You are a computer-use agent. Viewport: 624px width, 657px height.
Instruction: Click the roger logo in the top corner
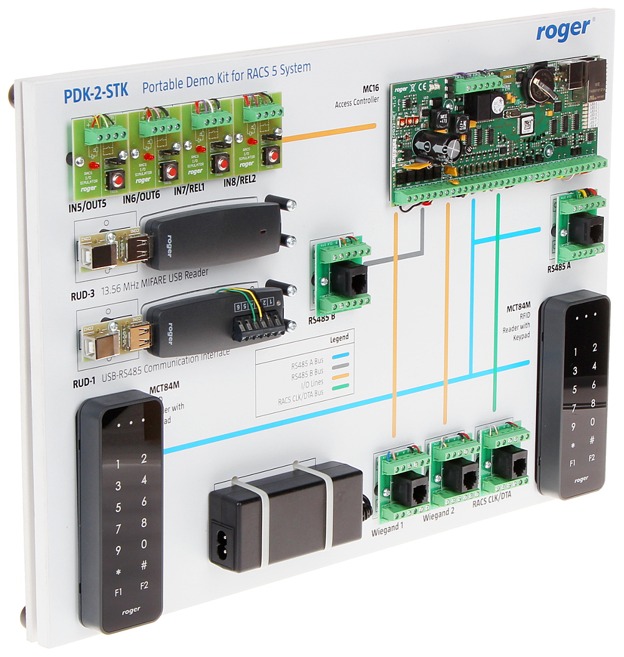click(562, 30)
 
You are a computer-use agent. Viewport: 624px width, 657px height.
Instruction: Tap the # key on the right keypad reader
click(593, 440)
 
